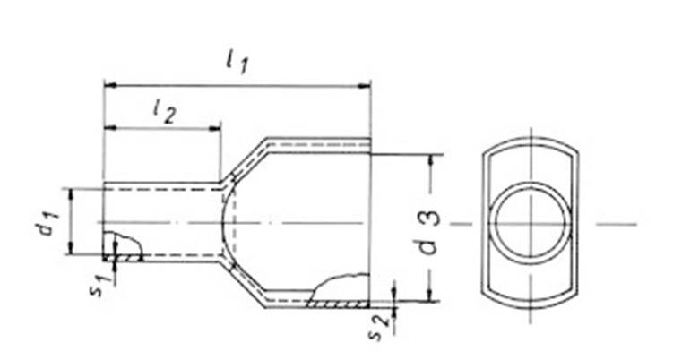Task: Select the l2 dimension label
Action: coord(163,110)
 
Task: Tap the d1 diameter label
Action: coord(42,221)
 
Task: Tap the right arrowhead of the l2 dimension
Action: coord(215,128)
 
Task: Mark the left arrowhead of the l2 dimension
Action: coord(109,128)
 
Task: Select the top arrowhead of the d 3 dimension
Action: coord(432,159)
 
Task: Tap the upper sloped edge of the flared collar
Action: coord(245,161)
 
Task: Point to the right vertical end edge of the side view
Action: coord(370,224)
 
